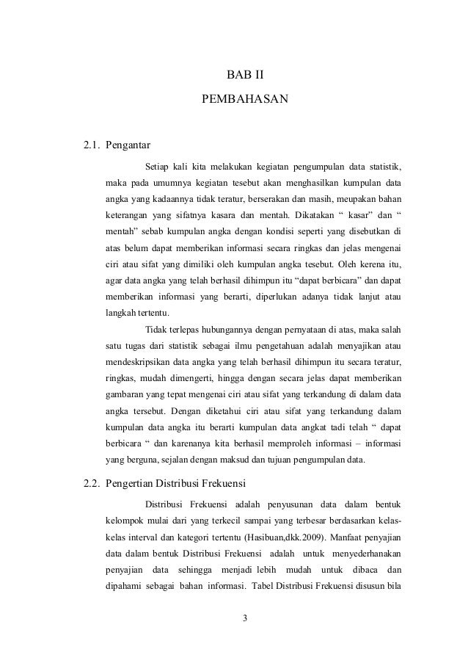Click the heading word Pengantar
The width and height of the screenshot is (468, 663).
(128, 143)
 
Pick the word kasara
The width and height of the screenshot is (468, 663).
(219, 217)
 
